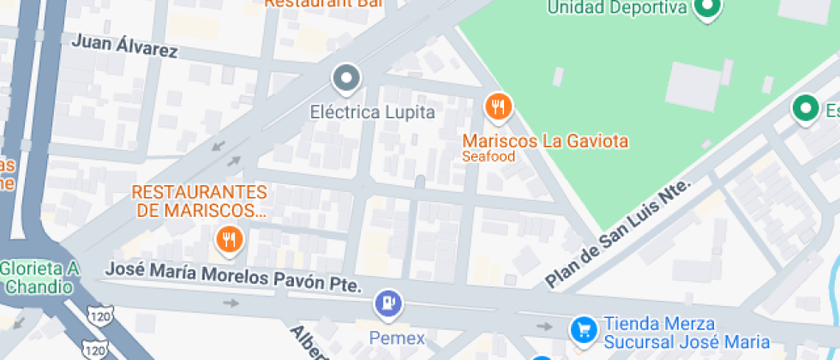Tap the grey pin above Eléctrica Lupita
pyautogui.click(x=346, y=79)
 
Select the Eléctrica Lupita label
pyautogui.click(x=372, y=112)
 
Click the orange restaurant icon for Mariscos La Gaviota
pyautogui.click(x=498, y=107)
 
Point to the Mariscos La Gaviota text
pyautogui.click(x=546, y=141)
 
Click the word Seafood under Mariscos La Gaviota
pyautogui.click(x=489, y=157)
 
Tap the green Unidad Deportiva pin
pyautogui.click(x=707, y=9)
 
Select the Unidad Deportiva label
pyautogui.click(x=617, y=9)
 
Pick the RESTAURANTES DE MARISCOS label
pyautogui.click(x=199, y=201)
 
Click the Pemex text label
pyautogui.click(x=397, y=337)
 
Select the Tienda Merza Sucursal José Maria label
pyautogui.click(x=686, y=333)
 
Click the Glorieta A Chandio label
pyautogui.click(x=39, y=277)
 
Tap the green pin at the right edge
pyautogui.click(x=804, y=109)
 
